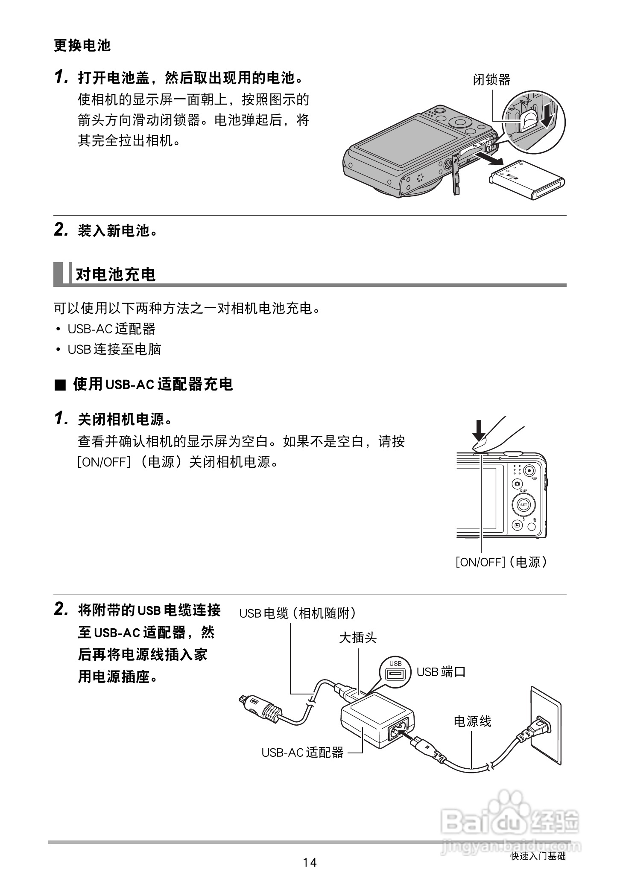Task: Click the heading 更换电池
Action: click(82, 45)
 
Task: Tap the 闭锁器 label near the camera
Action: click(491, 80)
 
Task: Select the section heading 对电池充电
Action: click(115, 274)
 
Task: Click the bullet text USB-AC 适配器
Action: click(111, 329)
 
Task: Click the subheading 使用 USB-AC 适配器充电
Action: click(152, 385)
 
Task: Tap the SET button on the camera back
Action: click(523, 505)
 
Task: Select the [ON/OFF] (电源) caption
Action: click(501, 562)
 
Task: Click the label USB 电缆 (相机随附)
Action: click(297, 613)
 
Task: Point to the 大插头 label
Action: click(358, 638)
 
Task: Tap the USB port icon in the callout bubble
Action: click(395, 674)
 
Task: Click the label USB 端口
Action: click(441, 672)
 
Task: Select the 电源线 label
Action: click(472, 721)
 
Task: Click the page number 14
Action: click(310, 863)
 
